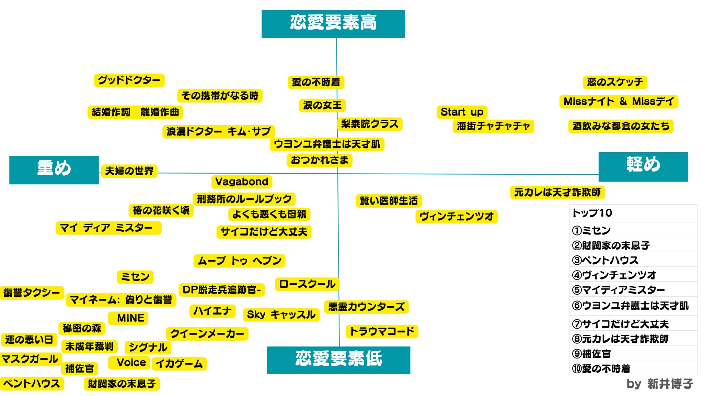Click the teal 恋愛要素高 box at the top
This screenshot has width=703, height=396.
[333, 24]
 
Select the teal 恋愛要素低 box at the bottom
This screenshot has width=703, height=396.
[338, 360]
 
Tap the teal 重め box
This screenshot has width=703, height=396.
[54, 170]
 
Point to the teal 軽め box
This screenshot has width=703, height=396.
[643, 167]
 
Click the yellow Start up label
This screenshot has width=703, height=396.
[462, 112]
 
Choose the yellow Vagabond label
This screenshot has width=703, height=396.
[242, 181]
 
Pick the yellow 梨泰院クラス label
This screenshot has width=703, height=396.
[369, 124]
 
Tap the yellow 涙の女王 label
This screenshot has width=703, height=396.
[322, 105]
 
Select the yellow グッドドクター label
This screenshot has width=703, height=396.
[129, 80]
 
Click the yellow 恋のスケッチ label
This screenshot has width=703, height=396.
[615, 82]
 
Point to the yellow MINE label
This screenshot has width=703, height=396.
[130, 318]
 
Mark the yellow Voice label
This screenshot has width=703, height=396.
[131, 363]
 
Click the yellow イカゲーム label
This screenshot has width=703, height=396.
[179, 364]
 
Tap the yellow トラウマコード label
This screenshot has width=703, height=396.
[382, 332]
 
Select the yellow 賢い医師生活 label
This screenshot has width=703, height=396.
[389, 201]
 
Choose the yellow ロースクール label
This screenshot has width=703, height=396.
[307, 284]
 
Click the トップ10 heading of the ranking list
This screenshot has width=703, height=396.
[592, 213]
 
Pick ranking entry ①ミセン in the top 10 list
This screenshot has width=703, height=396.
[591, 230]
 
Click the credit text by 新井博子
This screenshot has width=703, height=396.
[659, 384]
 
